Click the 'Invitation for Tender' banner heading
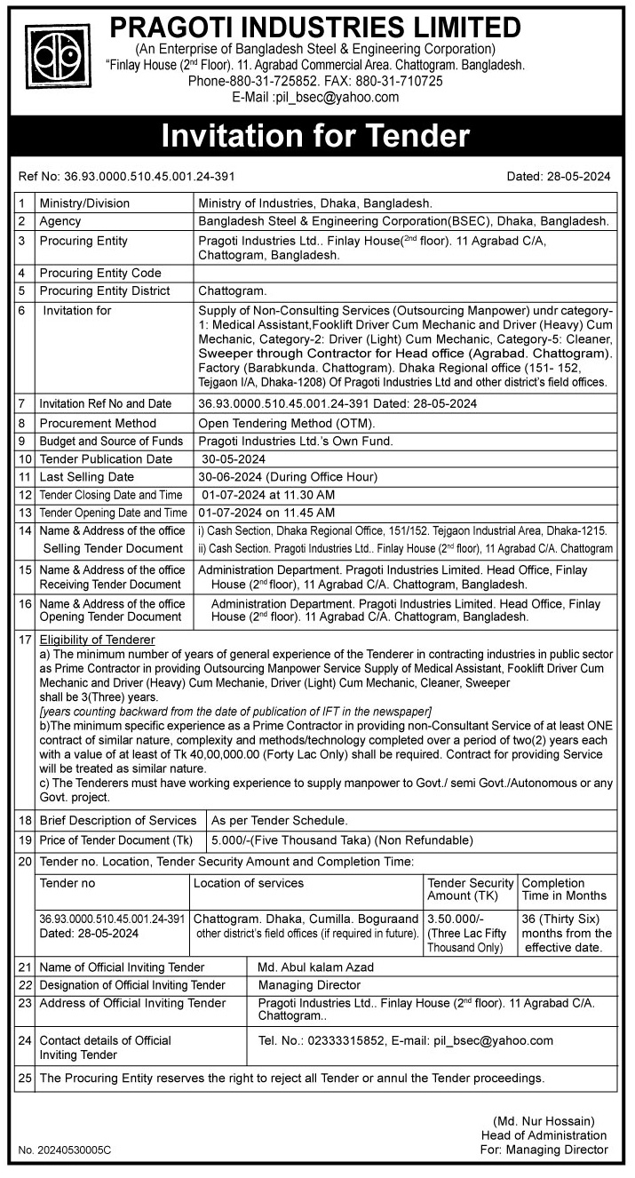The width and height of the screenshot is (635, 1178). (315, 136)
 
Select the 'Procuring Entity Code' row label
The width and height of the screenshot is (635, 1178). (100, 273)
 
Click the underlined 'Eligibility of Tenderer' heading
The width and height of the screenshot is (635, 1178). (97, 640)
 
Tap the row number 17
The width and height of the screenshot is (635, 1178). (25, 640)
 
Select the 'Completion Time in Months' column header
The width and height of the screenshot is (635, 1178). (564, 889)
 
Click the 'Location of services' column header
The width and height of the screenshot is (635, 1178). (249, 883)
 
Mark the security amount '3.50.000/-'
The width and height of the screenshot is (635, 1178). (456, 918)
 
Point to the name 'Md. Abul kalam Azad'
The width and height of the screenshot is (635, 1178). (315, 967)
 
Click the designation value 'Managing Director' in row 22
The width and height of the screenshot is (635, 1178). (309, 984)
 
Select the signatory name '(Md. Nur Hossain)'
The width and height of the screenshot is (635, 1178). (544, 1121)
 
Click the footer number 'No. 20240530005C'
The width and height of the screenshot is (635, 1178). (65, 1150)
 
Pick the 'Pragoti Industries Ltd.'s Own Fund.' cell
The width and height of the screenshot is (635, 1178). (295, 441)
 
